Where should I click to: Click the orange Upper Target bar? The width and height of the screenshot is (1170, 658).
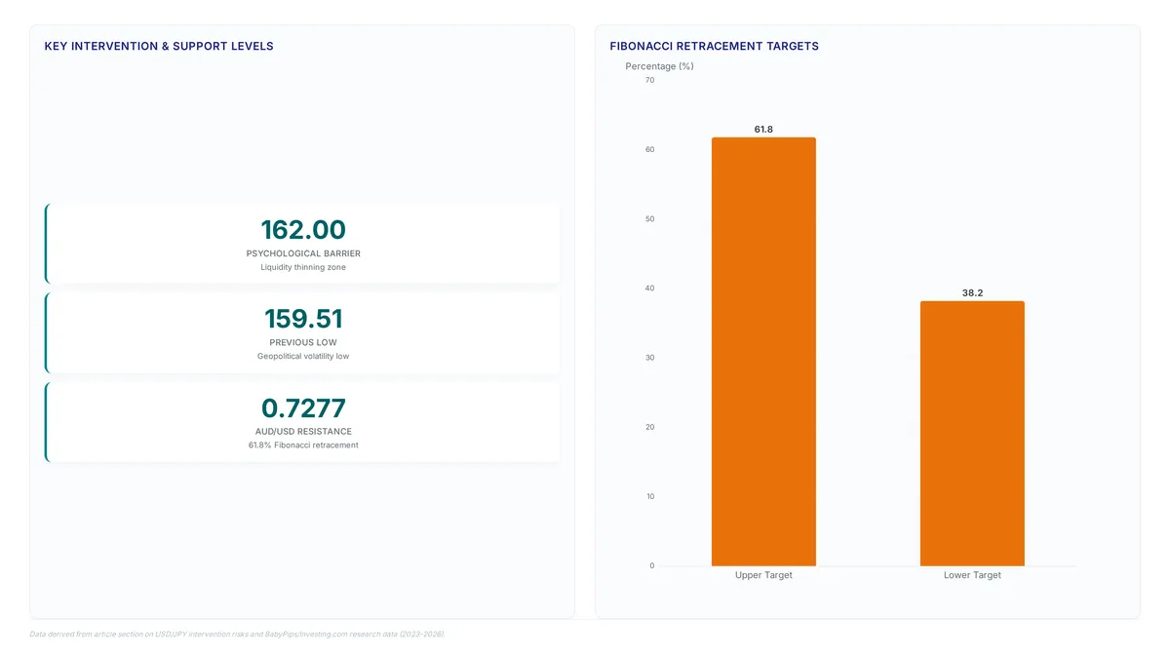(x=763, y=352)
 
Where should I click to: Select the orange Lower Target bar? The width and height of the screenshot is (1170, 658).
(x=972, y=434)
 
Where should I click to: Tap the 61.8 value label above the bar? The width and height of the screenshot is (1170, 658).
(x=763, y=129)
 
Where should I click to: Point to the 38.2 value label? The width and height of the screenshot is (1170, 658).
(x=972, y=293)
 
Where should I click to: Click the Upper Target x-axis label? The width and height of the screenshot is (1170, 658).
(x=763, y=575)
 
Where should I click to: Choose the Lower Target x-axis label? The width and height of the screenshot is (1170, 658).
(x=972, y=575)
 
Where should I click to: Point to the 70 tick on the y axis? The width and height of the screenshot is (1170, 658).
(x=649, y=80)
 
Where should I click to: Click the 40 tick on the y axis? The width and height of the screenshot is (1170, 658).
(x=649, y=289)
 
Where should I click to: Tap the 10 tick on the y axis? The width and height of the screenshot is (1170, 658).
(x=649, y=496)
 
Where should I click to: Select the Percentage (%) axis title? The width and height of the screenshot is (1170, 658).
(x=659, y=66)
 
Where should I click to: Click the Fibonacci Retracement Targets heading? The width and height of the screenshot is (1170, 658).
(x=714, y=46)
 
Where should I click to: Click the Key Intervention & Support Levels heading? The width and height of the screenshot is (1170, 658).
(x=159, y=46)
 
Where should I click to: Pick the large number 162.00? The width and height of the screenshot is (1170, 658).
(x=303, y=230)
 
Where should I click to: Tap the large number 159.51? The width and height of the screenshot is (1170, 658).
(x=303, y=319)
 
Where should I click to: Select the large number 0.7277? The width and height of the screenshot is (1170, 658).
(x=303, y=407)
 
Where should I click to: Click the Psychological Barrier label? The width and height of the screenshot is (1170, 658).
(x=303, y=253)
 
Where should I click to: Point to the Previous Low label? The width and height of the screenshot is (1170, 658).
(x=303, y=342)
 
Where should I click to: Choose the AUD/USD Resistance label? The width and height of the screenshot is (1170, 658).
(x=303, y=431)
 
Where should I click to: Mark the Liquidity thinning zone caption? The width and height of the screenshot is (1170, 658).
(x=303, y=267)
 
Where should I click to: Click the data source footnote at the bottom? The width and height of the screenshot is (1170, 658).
(x=237, y=634)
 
